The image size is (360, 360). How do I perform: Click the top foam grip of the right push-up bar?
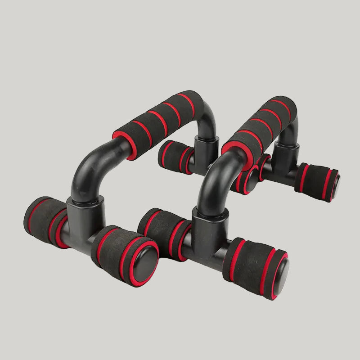click(261, 121)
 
